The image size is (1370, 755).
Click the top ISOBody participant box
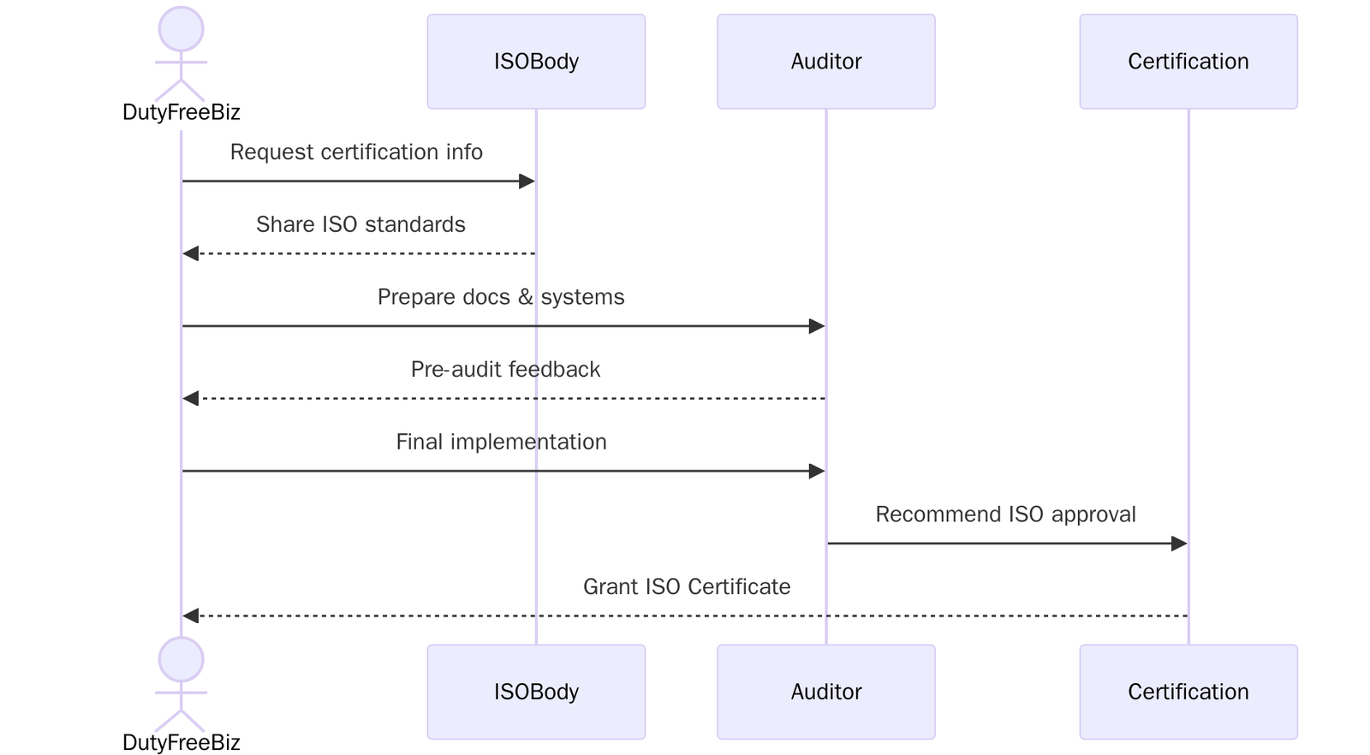coord(536,61)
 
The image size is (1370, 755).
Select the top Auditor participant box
coord(825,61)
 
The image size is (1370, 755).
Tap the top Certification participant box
coord(1188,61)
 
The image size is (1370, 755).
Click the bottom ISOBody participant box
coord(536,692)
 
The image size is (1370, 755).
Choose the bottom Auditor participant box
coord(825,692)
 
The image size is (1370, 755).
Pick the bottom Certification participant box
coord(1188,692)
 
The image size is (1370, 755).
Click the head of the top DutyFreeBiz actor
coord(181,29)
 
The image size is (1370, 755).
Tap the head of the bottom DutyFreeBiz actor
coord(181,660)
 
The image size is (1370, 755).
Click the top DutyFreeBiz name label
coord(181,112)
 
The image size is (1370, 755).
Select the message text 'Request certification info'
coord(356,152)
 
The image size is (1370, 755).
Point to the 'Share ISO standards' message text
coord(360,224)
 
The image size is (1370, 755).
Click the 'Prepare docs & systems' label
coord(501,297)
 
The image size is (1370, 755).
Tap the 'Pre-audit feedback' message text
coord(505,370)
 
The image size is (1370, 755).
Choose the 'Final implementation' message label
coord(501,442)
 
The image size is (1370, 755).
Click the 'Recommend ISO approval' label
coord(1005,514)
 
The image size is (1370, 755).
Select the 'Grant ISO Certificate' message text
coord(686,587)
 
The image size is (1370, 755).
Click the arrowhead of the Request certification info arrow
coord(527,181)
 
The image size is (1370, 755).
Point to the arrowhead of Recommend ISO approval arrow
coord(1179,544)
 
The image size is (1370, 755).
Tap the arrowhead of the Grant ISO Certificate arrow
coord(191,615)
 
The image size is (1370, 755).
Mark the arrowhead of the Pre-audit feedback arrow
coord(191,399)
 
